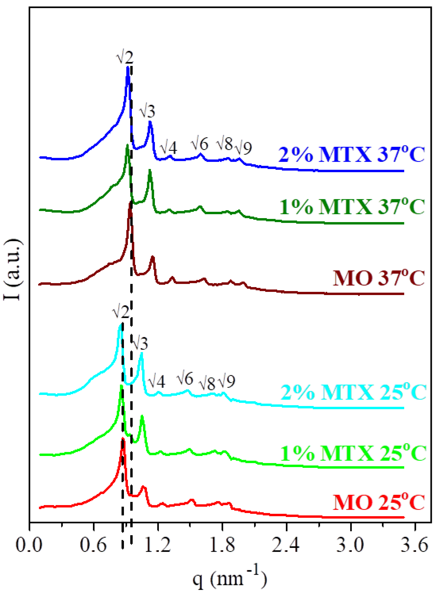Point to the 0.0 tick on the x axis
[29, 545]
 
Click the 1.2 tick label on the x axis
[158, 545]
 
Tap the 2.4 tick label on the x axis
[286, 545]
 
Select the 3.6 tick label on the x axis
[414, 545]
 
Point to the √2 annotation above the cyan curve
[121, 312]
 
